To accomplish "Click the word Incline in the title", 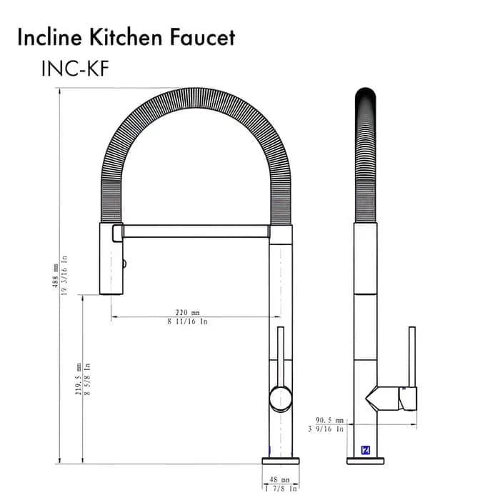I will click(49, 37).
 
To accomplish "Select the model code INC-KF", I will click(75, 68).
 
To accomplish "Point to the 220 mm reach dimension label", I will click(187, 312).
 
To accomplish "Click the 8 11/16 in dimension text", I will click(187, 322).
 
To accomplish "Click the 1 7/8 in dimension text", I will click(281, 489).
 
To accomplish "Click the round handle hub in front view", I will click(280, 398).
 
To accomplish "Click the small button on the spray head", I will click(126, 264).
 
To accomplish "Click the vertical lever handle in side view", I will click(411, 357).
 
